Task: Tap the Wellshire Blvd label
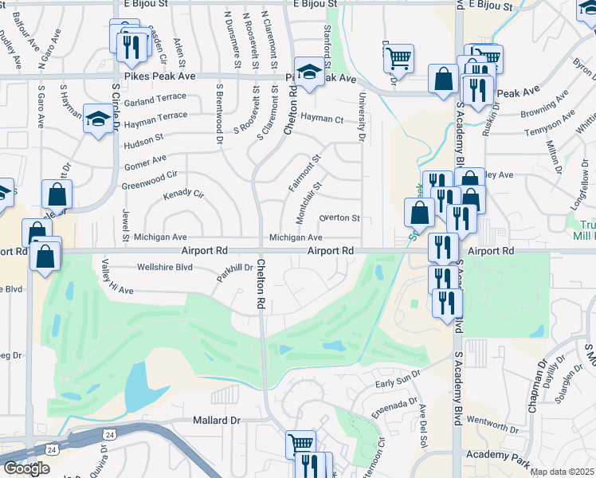165,267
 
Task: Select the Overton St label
339,217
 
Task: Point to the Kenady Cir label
184,194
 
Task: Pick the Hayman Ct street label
321,119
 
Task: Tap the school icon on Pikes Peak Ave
308,72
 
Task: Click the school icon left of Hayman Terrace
98,119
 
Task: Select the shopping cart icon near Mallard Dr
300,443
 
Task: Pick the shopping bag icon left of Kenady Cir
57,193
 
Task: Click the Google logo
26,468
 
